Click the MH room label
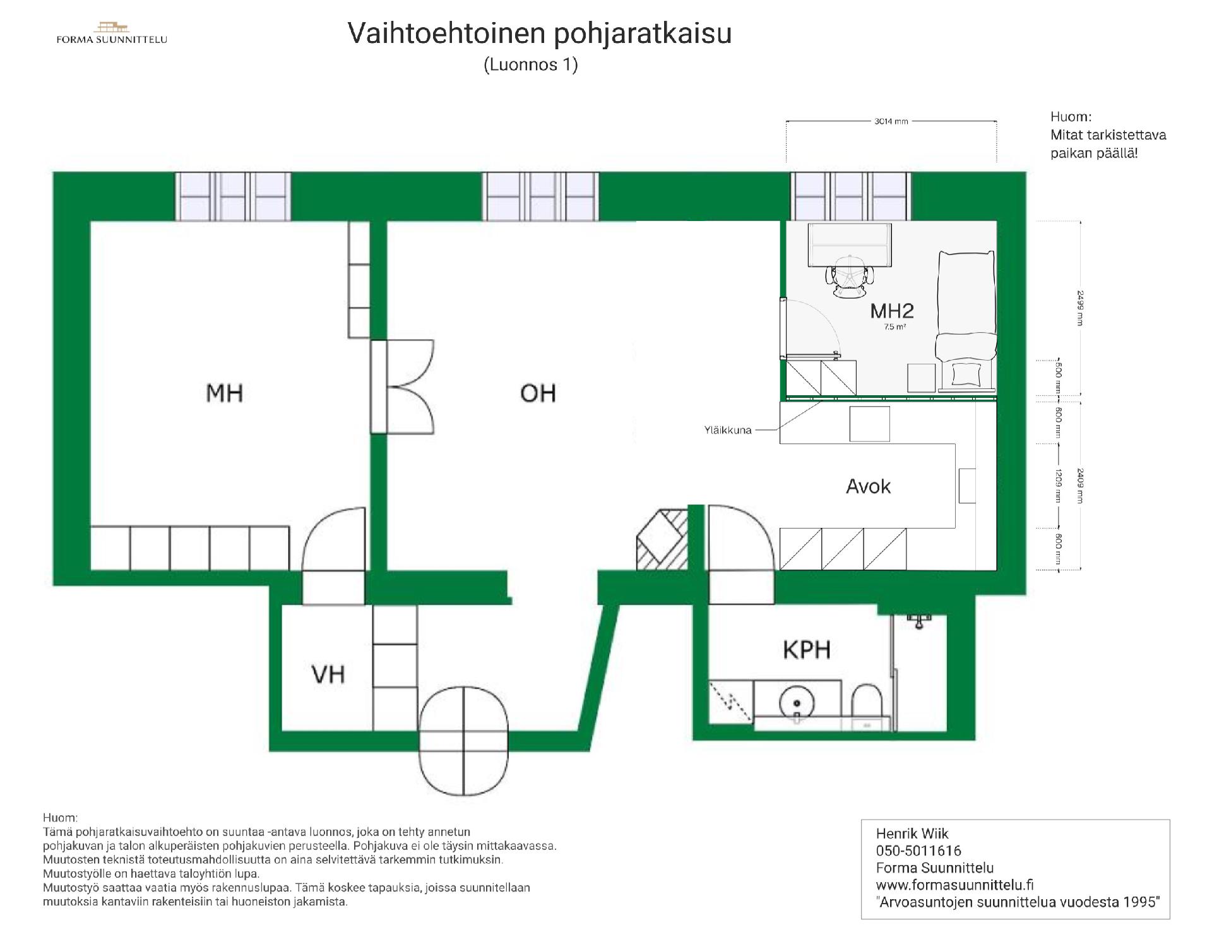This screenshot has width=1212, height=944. [224, 393]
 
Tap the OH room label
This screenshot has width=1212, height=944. [538, 393]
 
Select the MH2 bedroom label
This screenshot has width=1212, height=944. [891, 311]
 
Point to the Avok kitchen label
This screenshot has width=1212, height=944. [868, 486]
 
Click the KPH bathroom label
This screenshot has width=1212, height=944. [806, 649]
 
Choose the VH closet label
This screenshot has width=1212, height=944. [328, 674]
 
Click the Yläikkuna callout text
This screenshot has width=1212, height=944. [728, 430]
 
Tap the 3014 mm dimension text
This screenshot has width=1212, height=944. [891, 121]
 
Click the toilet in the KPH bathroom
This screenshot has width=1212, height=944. [867, 706]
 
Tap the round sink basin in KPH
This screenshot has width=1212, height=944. [797, 703]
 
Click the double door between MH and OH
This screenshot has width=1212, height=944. [402, 386]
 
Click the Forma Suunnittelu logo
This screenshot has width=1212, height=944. [112, 33]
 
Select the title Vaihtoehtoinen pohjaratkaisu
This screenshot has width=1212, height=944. [539, 33]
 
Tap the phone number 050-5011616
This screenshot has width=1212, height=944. [918, 851]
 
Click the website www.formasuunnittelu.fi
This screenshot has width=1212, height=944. [954, 885]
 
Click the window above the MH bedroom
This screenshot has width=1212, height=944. [233, 196]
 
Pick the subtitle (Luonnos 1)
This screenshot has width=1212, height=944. [531, 64]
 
